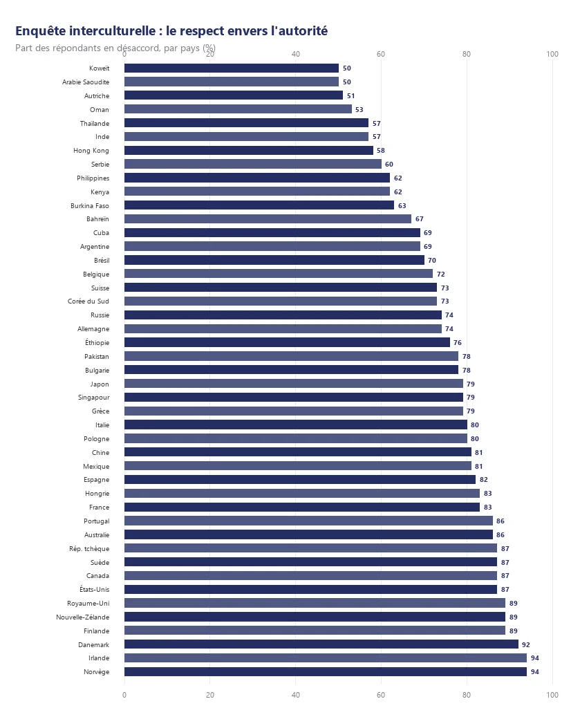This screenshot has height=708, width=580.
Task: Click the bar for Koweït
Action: pos(232,68)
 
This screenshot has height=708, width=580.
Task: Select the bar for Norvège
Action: pos(326,672)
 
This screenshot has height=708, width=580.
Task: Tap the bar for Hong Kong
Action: pos(249,150)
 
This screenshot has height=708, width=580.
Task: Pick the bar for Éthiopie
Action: pos(287,342)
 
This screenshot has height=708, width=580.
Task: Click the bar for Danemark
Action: pos(321,644)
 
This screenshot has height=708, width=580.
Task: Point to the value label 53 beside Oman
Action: pos(359,110)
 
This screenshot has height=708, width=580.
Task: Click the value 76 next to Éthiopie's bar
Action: pos(458,343)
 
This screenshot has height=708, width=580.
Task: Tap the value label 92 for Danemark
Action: pos(526,645)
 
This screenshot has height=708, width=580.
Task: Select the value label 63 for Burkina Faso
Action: pos(402,206)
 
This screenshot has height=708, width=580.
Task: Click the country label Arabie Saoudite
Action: pos(86,82)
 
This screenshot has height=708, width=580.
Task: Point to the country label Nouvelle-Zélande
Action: pos(82,617)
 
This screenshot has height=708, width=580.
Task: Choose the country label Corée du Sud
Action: pos(88,301)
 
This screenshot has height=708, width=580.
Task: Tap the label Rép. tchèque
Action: pos(89,548)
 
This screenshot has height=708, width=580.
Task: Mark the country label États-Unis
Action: pos(94,589)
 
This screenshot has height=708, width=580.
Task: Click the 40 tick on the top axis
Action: pos(296,54)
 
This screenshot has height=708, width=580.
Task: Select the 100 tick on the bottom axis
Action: pos(552,695)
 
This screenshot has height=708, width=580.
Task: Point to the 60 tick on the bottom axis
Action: pos(381,695)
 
